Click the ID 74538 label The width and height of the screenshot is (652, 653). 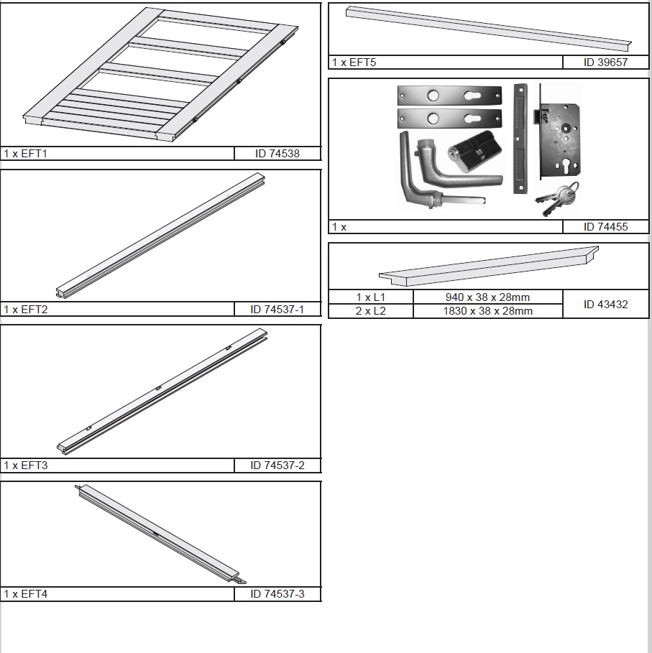[x=277, y=154]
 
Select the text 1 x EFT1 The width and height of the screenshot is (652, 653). [x=25, y=154]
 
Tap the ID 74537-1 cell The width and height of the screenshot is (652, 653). [x=277, y=310]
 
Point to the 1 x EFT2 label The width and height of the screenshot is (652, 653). [x=25, y=310]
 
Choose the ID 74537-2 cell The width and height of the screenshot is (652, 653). [x=277, y=466]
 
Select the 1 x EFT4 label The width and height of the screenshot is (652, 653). [x=25, y=594]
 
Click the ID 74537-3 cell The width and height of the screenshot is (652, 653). [x=277, y=594]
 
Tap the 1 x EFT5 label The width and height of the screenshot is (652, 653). [x=354, y=62]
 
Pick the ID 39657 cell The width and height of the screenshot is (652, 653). [x=605, y=62]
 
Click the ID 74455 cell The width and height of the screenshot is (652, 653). [x=605, y=227]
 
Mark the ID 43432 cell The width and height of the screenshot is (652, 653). [x=605, y=305]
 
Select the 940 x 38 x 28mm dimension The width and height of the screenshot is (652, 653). [x=487, y=297]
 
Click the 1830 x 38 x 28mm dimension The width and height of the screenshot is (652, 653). [x=487, y=311]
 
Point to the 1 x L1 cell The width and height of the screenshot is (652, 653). [x=370, y=297]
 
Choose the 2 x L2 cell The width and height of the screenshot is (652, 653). [x=370, y=311]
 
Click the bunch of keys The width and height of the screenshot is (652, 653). [x=557, y=199]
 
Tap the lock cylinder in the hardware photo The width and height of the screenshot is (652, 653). [x=474, y=151]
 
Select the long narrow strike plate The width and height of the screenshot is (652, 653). [x=520, y=139]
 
